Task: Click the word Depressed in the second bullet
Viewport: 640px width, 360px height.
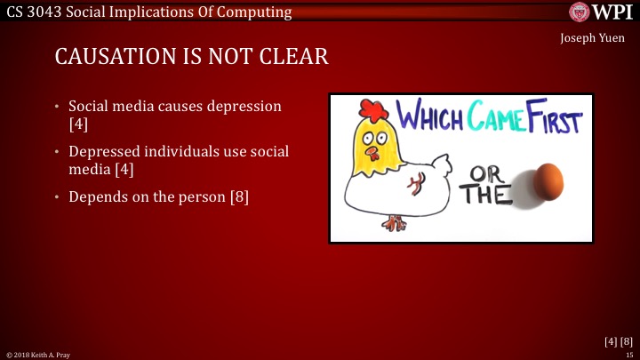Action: coord(106,151)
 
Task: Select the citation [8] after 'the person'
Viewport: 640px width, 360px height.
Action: coord(237,196)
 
